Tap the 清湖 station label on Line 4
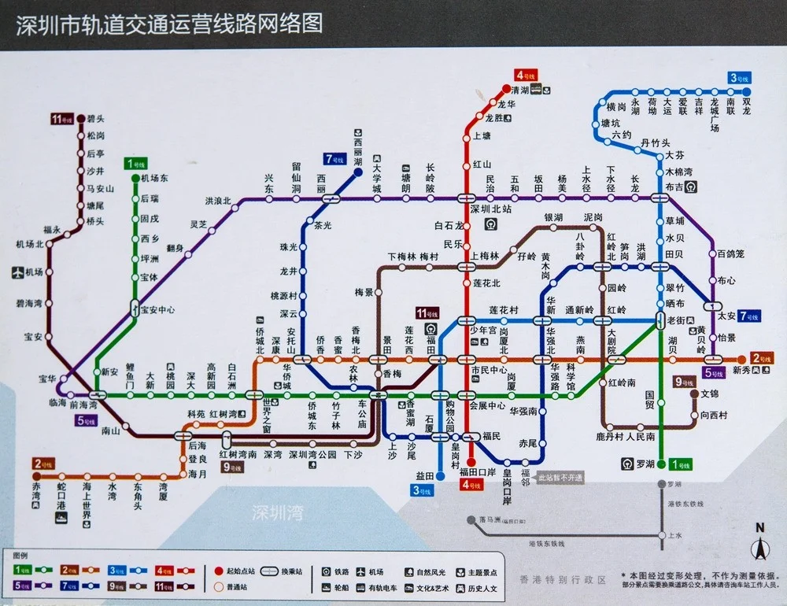click(520, 90)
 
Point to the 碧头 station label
click(96, 119)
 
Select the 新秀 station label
click(741, 369)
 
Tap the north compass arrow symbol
click(759, 545)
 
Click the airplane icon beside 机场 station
click(17, 272)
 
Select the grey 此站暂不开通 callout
click(560, 478)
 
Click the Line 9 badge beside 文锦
click(683, 382)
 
